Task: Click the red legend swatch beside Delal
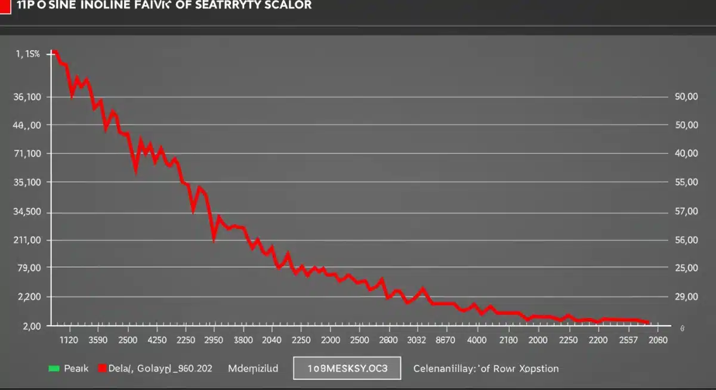tap(103, 369)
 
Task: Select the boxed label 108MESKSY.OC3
tap(347, 369)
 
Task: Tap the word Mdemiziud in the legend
tap(253, 369)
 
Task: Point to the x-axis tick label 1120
tap(70, 340)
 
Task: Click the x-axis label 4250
tap(157, 340)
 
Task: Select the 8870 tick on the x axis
tap(445, 340)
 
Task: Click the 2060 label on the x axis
tap(658, 340)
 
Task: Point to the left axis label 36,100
tap(26, 97)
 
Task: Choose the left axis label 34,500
tap(26, 212)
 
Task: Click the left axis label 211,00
tap(26, 240)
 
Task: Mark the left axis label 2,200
tap(27, 297)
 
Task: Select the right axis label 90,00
tap(686, 97)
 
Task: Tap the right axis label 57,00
tap(686, 212)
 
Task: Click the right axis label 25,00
tap(686, 268)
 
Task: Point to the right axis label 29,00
tap(686, 297)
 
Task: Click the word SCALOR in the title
tap(289, 5)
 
